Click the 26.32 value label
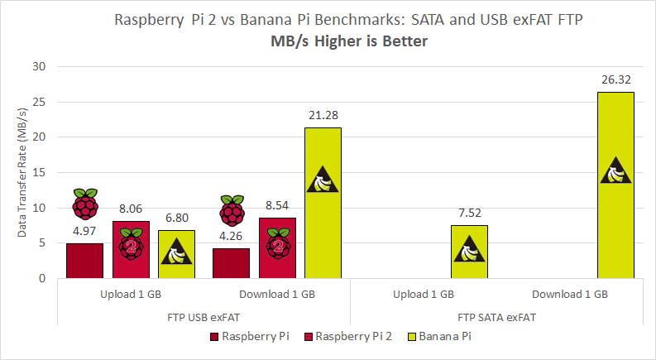[x=615, y=80]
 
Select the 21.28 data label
[x=323, y=115]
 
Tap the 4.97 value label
[x=84, y=231]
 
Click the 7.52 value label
[x=469, y=213]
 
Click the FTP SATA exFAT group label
[x=496, y=316]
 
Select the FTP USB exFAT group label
[x=204, y=316]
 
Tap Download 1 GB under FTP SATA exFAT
[x=570, y=294]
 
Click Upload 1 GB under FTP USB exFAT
[x=131, y=294]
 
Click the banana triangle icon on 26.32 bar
[x=615, y=170]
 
